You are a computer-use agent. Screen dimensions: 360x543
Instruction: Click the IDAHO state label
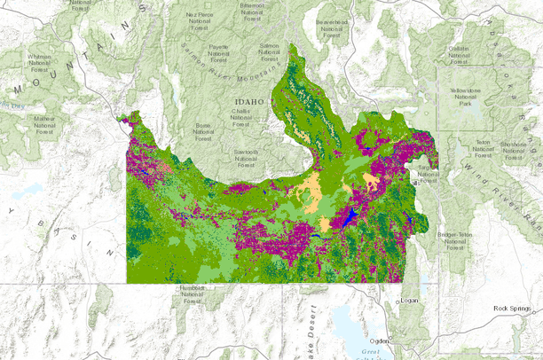coord(248,102)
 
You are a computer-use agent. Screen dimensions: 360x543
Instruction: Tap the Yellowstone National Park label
coord(464,97)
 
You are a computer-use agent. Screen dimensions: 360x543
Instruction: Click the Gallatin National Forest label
coord(459,54)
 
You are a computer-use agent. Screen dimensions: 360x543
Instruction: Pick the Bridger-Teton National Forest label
coord(455,240)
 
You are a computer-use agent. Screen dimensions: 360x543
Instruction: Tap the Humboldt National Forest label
coord(191,294)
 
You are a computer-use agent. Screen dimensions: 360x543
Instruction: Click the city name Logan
coord(409,301)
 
